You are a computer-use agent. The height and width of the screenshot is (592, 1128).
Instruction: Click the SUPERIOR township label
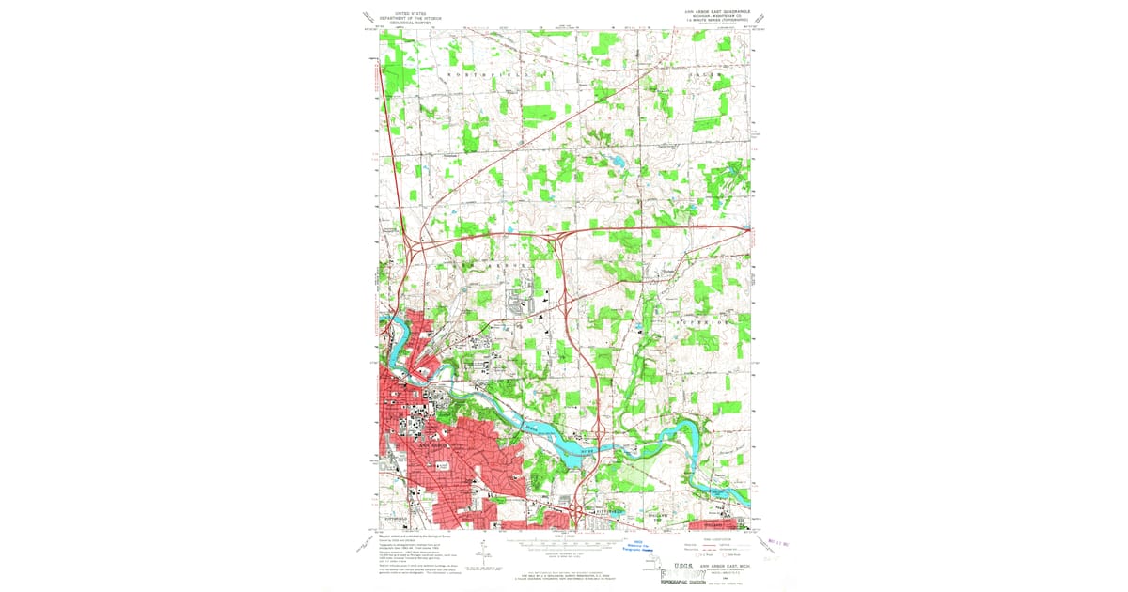point(702,322)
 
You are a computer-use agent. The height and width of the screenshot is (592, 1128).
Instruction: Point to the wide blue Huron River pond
point(572,449)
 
